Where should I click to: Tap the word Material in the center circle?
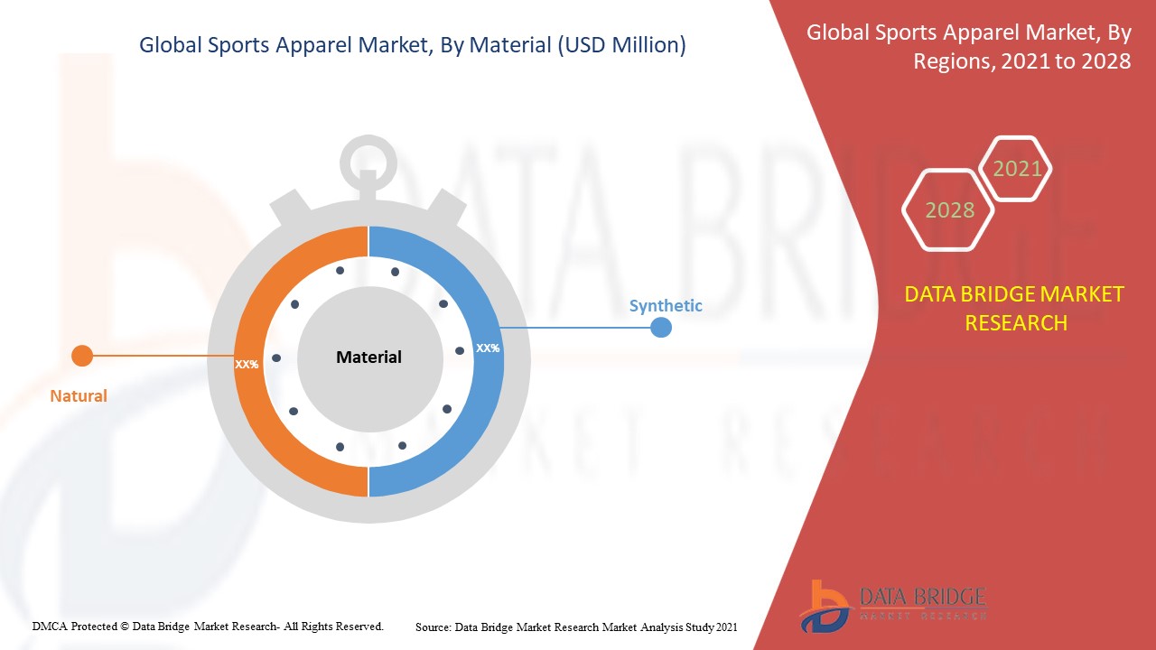point(368,357)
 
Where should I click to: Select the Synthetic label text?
point(666,306)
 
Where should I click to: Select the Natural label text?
point(79,395)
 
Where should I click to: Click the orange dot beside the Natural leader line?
point(82,356)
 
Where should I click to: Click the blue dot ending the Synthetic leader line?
point(661,327)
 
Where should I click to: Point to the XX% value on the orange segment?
point(247,365)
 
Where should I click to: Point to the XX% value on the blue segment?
point(488,348)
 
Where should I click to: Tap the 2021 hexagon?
point(1017,169)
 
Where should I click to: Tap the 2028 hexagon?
point(949,210)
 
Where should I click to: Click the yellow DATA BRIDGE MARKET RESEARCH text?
point(1015,308)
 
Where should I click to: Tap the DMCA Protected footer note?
point(208,626)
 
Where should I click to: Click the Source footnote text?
point(576,627)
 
